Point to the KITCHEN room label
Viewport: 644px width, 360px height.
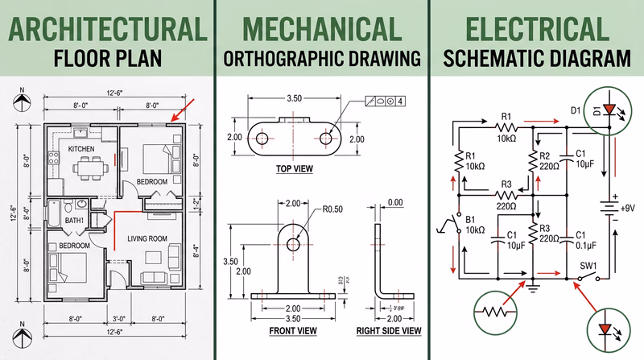[81, 150]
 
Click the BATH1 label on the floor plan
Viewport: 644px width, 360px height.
[75, 220]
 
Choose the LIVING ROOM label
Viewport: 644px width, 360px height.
[147, 238]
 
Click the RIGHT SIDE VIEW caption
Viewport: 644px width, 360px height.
[389, 330]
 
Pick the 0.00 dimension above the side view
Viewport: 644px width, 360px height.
[395, 202]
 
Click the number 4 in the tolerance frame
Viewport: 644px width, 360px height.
[399, 101]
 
